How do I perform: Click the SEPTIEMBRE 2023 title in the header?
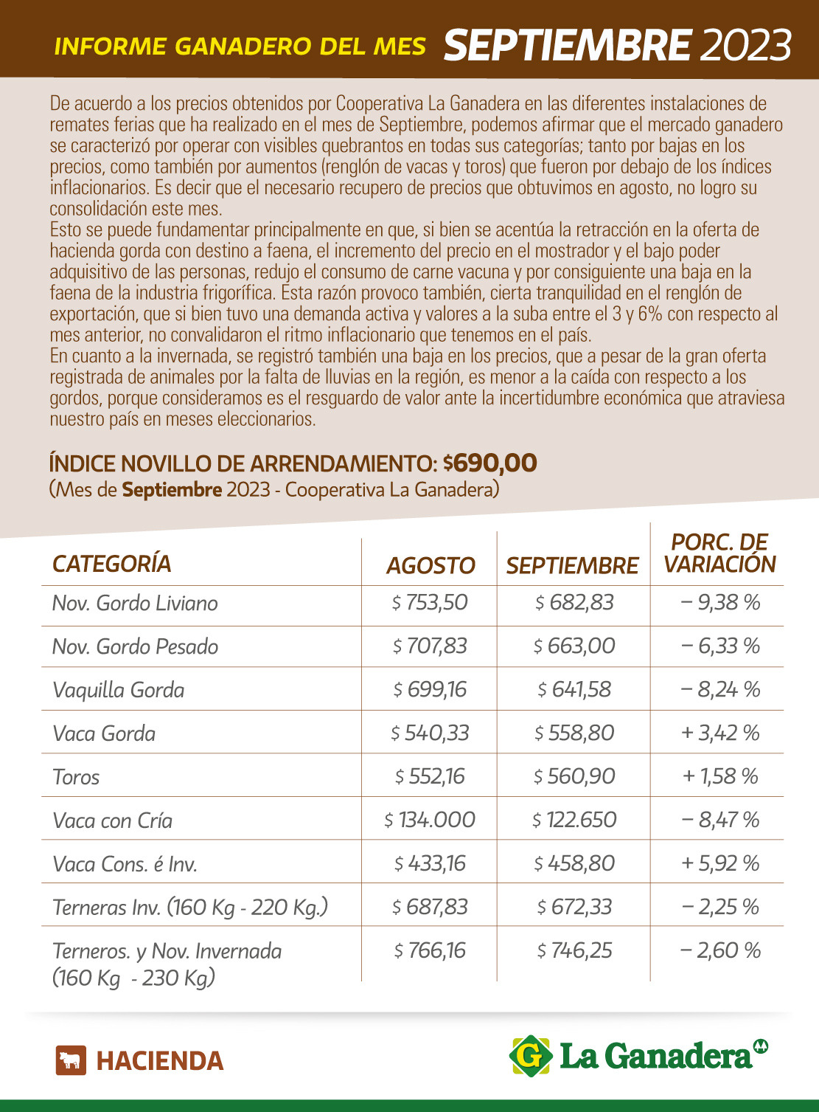pyautogui.click(x=618, y=46)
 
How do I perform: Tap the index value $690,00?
pyautogui.click(x=490, y=463)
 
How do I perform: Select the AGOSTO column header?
pyautogui.click(x=431, y=565)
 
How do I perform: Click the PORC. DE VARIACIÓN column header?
pyautogui.click(x=719, y=553)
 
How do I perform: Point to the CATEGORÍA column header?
pyautogui.click(x=112, y=564)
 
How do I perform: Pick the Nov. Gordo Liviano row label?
pyautogui.click(x=135, y=604)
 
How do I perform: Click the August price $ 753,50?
pyautogui.click(x=430, y=603)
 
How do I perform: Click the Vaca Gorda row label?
pyautogui.click(x=104, y=733)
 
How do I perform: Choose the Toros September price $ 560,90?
pyautogui.click(x=574, y=777)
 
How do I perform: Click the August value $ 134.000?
pyautogui.click(x=430, y=820)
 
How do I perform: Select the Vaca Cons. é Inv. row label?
pyautogui.click(x=125, y=864)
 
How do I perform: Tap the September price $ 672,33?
pyautogui.click(x=574, y=907)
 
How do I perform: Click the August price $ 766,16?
pyautogui.click(x=430, y=950)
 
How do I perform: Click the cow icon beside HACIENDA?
pyautogui.click(x=71, y=1060)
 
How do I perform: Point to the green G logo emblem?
pyautogui.click(x=531, y=1056)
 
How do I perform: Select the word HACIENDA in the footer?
pyautogui.click(x=160, y=1061)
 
